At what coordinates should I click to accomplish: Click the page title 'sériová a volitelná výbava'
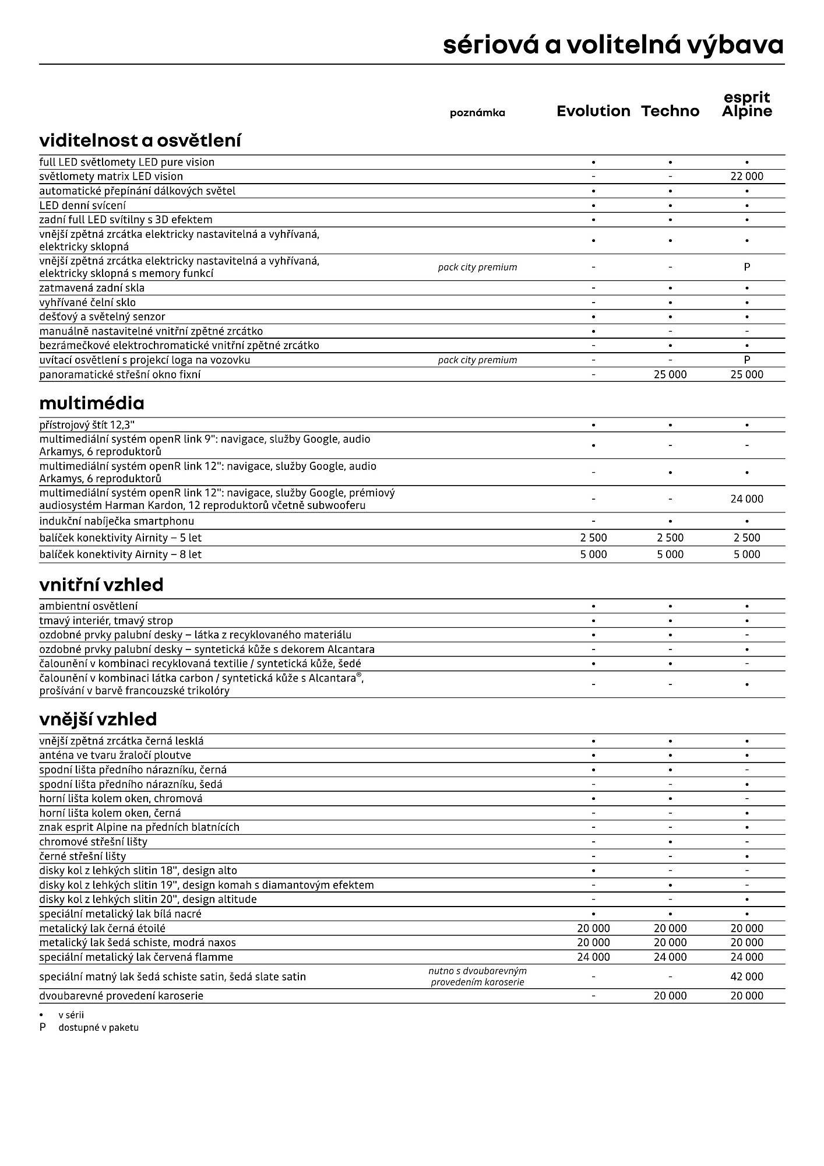pyautogui.click(x=613, y=45)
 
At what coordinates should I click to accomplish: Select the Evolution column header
pyautogui.click(x=593, y=111)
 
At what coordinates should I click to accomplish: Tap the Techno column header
pyautogui.click(x=670, y=111)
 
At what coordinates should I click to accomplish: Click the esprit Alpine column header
pyautogui.click(x=746, y=104)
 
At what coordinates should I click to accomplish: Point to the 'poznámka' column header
pyautogui.click(x=477, y=113)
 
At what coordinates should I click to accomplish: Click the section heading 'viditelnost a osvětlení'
pyautogui.click(x=140, y=141)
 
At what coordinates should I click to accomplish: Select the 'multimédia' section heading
pyautogui.click(x=91, y=403)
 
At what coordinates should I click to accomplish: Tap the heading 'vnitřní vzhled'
pyautogui.click(x=101, y=584)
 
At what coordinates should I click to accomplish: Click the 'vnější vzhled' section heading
pyautogui.click(x=98, y=719)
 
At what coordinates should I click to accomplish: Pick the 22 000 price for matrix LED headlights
pyautogui.click(x=746, y=176)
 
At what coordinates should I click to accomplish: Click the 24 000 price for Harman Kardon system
pyautogui.click(x=746, y=498)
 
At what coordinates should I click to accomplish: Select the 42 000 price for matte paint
pyautogui.click(x=746, y=976)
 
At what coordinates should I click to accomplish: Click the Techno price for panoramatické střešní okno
pyautogui.click(x=670, y=374)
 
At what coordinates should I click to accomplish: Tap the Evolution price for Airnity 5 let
pyautogui.click(x=593, y=538)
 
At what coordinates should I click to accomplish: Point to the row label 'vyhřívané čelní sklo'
pyautogui.click(x=87, y=302)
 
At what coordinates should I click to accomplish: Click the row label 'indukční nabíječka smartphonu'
pyautogui.click(x=117, y=521)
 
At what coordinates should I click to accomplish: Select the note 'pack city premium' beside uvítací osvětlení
pyautogui.click(x=477, y=360)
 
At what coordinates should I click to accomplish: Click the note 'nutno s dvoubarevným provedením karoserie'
pyautogui.click(x=477, y=976)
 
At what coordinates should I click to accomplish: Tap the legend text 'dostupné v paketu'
pyautogui.click(x=98, y=1027)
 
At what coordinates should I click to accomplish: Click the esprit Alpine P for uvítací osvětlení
pyautogui.click(x=746, y=360)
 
